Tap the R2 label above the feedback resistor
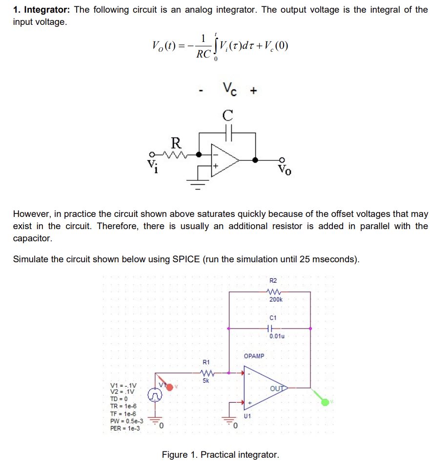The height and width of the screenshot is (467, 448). [273, 280]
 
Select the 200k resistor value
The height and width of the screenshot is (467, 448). [275, 299]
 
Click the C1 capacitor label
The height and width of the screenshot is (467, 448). [273, 317]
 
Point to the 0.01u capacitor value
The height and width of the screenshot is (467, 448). [277, 336]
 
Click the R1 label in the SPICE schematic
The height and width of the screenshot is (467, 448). [206, 362]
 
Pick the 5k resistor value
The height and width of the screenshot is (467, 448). [205, 381]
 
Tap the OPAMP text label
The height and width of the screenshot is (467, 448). [254, 356]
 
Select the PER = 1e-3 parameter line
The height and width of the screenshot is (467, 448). [125, 428]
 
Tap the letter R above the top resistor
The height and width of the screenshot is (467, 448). [176, 143]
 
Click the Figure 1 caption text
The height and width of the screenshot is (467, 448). [221, 455]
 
